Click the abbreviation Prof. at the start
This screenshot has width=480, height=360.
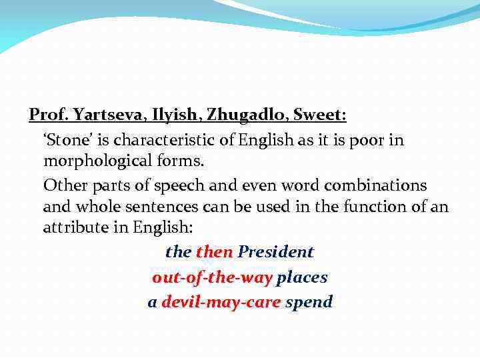tap(47, 115)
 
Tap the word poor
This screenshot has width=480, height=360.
tap(377, 141)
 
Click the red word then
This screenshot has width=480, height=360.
tap(215, 252)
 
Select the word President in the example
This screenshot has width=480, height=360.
tap(275, 252)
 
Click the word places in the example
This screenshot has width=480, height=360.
tap(302, 277)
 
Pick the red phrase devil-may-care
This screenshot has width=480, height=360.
tap(221, 302)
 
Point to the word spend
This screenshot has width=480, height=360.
tap(309, 302)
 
